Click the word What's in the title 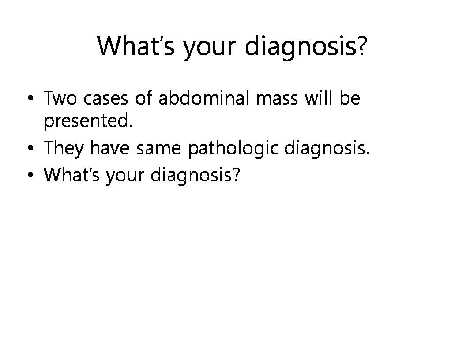(136, 46)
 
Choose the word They (64, 148)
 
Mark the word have (110, 147)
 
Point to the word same (159, 149)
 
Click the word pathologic (233, 148)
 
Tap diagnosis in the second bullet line (327, 148)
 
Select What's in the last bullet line (71, 174)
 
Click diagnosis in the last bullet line (195, 175)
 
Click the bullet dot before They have (30, 148)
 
